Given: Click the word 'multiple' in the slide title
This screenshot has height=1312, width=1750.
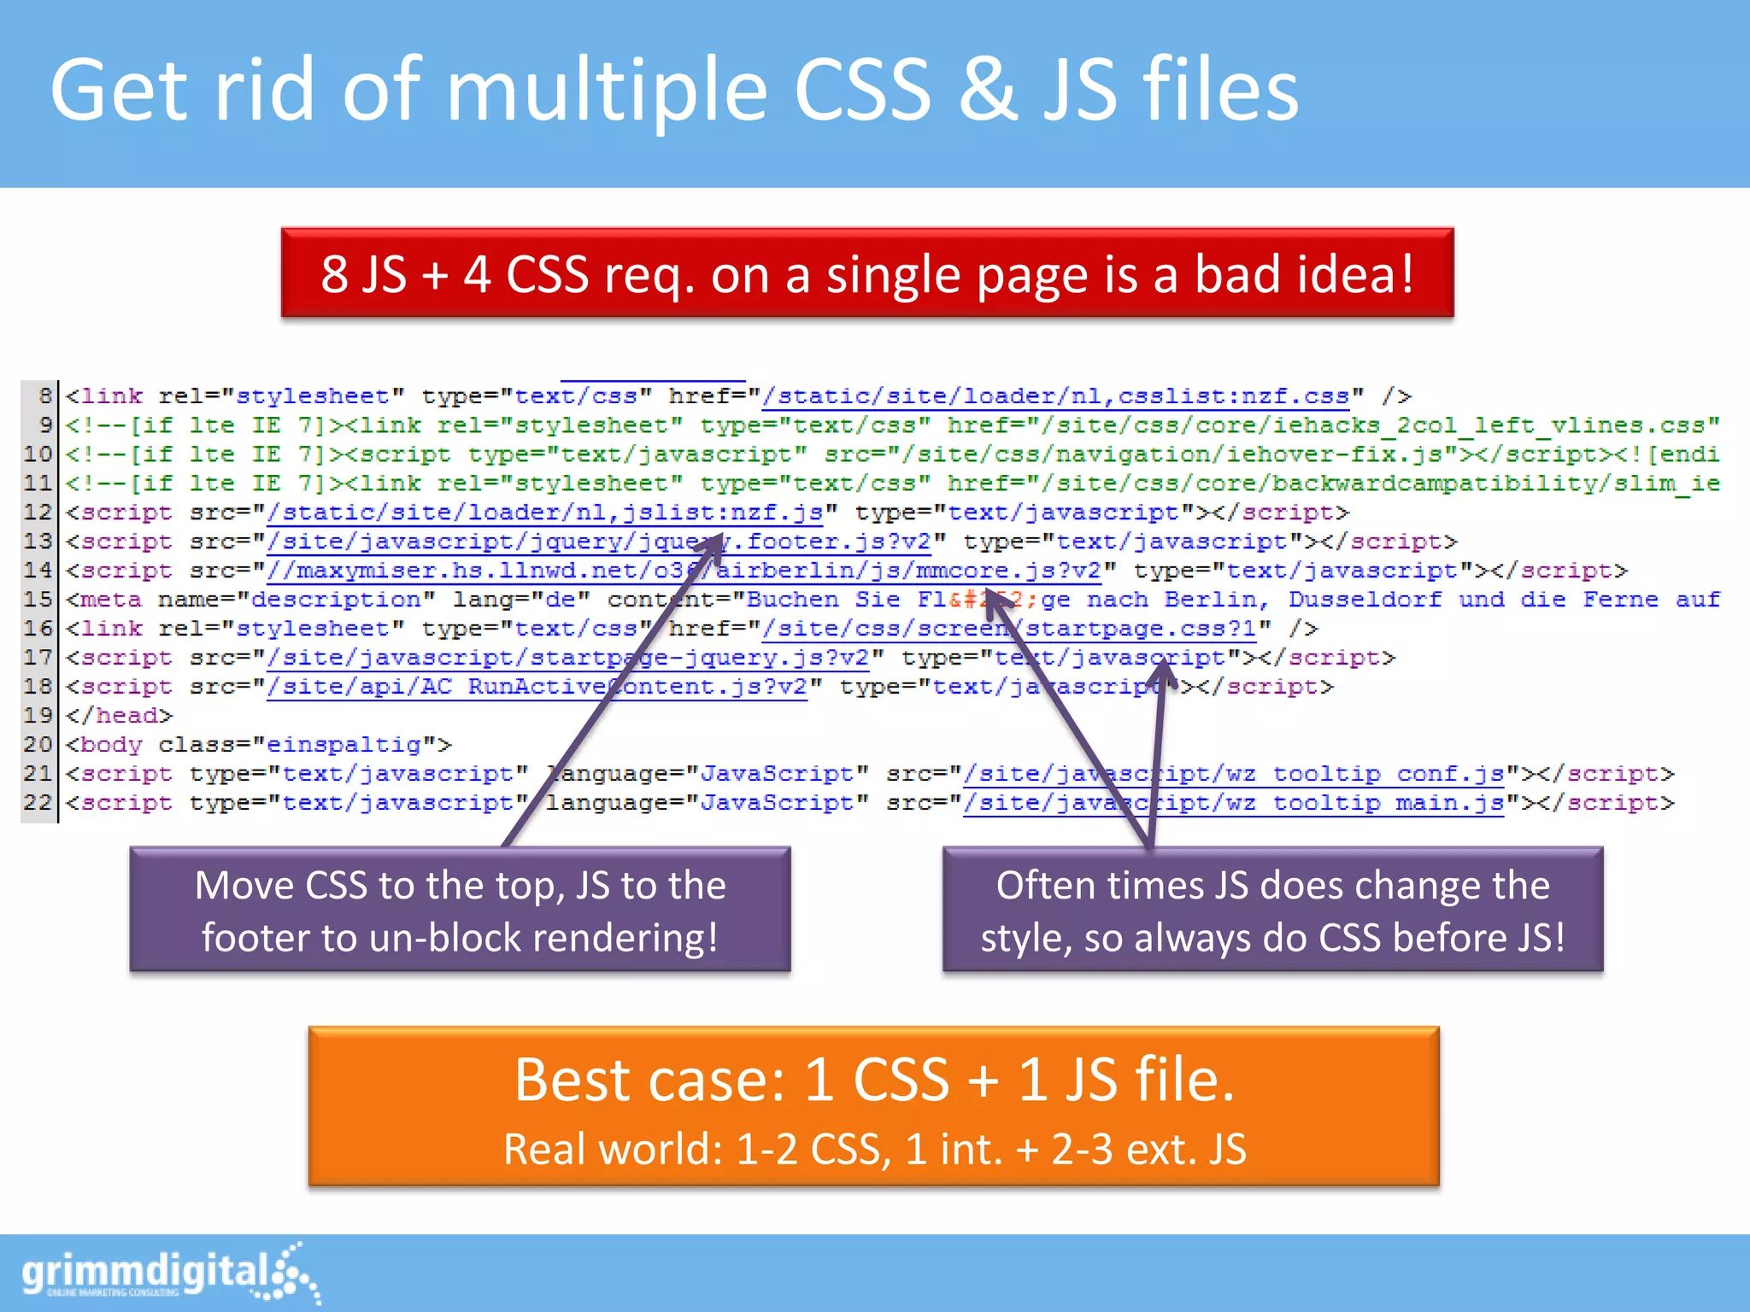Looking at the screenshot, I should click(x=606, y=90).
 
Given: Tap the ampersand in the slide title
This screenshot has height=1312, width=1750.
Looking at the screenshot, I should click(x=987, y=90).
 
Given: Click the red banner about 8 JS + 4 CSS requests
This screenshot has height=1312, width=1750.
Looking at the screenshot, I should click(x=866, y=273).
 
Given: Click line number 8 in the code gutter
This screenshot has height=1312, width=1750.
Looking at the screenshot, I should click(x=44, y=396).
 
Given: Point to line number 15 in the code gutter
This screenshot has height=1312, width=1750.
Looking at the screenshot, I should click(x=38, y=600).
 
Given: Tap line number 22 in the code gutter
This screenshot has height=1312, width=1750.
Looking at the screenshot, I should click(x=38, y=803).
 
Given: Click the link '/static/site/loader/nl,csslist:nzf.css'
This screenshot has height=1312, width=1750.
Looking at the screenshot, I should click(x=1056, y=396).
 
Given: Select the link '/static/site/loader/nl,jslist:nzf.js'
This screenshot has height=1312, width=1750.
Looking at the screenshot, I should click(x=545, y=512).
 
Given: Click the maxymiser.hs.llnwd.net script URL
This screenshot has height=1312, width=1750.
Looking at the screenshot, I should click(x=684, y=571).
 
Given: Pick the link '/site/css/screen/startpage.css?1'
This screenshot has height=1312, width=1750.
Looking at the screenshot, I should click(x=1009, y=629).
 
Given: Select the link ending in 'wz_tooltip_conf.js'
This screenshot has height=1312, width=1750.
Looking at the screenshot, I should click(x=1234, y=774).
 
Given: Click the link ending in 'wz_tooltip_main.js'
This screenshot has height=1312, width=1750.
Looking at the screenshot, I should click(x=1234, y=803).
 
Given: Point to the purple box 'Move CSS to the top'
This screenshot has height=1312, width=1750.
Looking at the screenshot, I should click(x=460, y=910).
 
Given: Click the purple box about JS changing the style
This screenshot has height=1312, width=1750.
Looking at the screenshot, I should click(x=1272, y=910).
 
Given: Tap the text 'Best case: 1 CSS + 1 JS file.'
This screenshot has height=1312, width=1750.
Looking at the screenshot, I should click(x=874, y=1080).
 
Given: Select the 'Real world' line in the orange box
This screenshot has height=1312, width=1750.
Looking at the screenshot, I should click(x=874, y=1149).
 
